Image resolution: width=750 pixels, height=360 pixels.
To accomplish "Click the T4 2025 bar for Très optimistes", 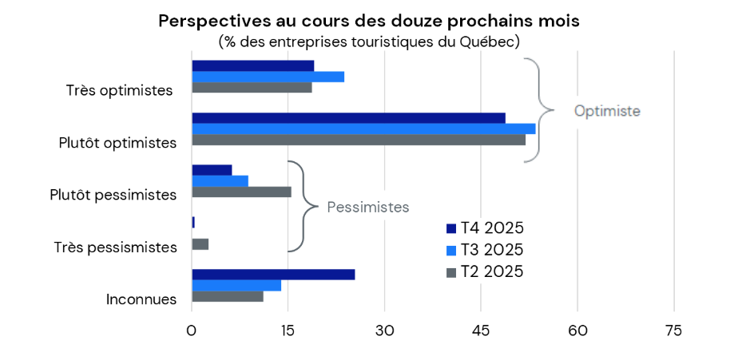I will click(x=252, y=65).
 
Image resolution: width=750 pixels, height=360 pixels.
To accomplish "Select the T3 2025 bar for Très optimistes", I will click(x=268, y=77).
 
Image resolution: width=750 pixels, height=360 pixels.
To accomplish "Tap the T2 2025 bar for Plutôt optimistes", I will click(x=359, y=140).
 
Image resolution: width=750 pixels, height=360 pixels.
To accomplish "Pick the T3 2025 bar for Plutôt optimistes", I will click(x=363, y=129).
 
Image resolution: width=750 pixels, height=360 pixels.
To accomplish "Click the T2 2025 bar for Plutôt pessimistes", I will click(x=241, y=192).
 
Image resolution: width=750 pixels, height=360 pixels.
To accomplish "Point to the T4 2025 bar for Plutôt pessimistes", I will click(x=212, y=170).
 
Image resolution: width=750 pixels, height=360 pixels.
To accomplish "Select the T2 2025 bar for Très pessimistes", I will click(x=200, y=243).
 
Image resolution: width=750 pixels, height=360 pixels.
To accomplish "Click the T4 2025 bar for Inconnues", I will click(x=273, y=275).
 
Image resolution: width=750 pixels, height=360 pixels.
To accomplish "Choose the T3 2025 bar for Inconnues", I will click(x=236, y=286).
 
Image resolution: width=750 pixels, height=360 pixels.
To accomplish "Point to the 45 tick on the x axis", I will click(x=481, y=331).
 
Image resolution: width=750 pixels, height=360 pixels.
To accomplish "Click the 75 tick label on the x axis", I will click(x=674, y=331).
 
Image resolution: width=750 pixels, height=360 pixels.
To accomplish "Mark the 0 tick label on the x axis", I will click(x=192, y=331).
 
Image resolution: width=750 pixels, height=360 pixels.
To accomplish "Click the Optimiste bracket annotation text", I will click(x=607, y=111).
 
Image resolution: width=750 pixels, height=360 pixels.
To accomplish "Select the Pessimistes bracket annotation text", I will click(x=367, y=208).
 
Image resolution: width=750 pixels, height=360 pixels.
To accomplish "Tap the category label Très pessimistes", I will click(x=115, y=247).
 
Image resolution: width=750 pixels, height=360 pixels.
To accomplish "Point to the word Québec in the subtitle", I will click(x=488, y=41).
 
